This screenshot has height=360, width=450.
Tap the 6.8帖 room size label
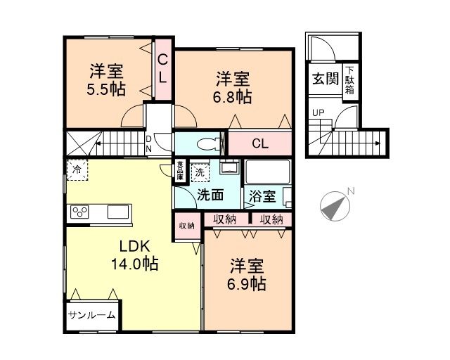point(233,96)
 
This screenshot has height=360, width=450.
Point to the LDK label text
point(132,247)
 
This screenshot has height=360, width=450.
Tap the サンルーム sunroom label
point(92,315)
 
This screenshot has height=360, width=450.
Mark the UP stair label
point(319,112)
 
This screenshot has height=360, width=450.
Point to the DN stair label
point(149,143)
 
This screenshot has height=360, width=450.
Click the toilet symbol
point(207,145)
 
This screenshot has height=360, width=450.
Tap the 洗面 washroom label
point(209,195)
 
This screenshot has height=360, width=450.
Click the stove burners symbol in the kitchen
point(78,212)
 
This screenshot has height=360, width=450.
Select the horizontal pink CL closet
point(260,144)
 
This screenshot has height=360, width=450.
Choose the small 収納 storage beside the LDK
point(186,226)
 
